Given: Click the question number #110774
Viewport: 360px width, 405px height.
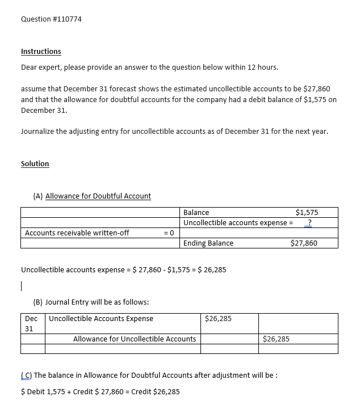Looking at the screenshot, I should point(67,19).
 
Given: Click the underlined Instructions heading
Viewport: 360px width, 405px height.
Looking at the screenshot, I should point(41,52).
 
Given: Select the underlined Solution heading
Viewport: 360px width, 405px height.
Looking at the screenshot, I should point(35,164).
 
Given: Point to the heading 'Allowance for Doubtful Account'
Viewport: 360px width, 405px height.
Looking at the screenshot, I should point(98,196).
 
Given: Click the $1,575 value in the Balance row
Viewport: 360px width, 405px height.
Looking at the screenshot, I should point(307,213).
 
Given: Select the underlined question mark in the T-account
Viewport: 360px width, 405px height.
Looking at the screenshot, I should point(309,223).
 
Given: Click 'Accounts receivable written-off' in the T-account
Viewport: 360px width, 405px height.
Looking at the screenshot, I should point(77,233).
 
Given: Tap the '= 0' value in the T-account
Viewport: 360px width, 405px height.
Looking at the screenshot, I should point(168,233).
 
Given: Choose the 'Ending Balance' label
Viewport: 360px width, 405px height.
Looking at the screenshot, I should point(208,243).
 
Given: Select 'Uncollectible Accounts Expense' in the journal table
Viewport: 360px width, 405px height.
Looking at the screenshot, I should point(101,319).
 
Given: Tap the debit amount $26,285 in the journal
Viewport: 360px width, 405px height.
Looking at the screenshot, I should point(218,319).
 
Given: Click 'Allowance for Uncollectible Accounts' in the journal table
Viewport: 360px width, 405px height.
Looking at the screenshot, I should point(135,339).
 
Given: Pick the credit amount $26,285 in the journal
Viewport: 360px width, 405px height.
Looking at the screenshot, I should point(277,339).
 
